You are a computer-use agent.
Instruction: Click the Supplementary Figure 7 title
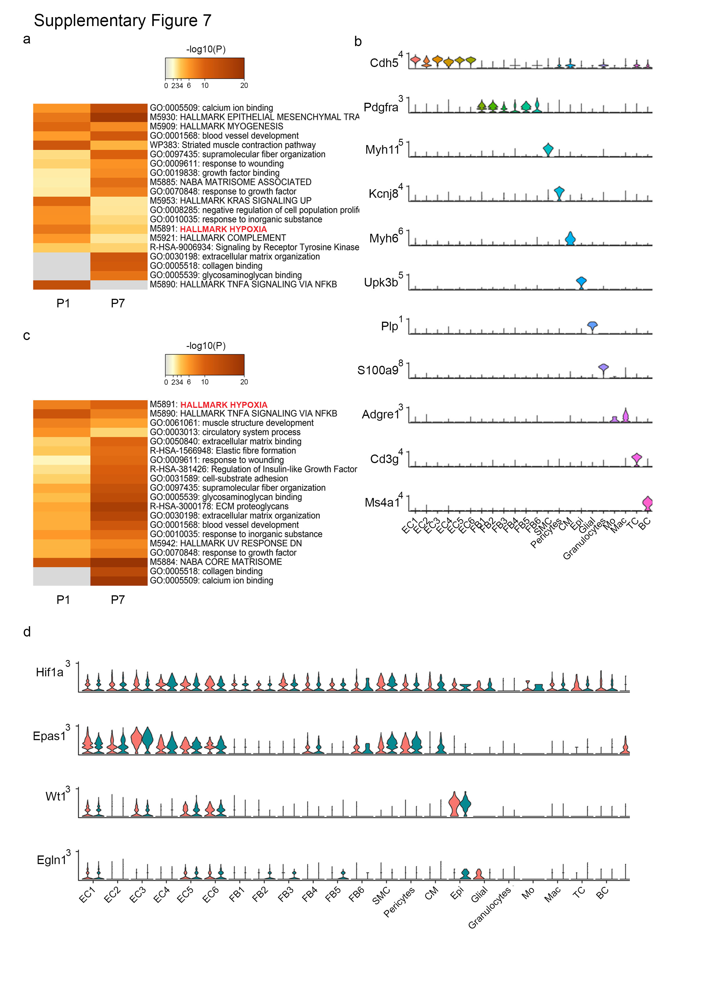pyautogui.click(x=123, y=21)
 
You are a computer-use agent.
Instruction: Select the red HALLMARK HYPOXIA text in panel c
pyautogui.click(x=224, y=405)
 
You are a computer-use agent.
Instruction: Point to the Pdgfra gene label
pyautogui.click(x=380, y=107)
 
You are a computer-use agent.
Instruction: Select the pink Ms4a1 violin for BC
pyautogui.click(x=647, y=503)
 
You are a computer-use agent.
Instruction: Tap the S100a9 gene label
pyautogui.click(x=378, y=370)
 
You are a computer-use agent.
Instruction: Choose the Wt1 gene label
pyautogui.click(x=56, y=796)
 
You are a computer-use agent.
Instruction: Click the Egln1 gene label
pyautogui.click(x=51, y=860)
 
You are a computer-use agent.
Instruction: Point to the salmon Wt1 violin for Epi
pyautogui.click(x=455, y=804)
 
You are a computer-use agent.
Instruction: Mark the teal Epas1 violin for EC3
pyautogui.click(x=147, y=740)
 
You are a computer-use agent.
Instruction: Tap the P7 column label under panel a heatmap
pyautogui.click(x=118, y=303)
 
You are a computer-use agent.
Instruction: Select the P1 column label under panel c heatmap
pyautogui.click(x=63, y=600)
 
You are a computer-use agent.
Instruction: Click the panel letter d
pyautogui.click(x=27, y=632)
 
